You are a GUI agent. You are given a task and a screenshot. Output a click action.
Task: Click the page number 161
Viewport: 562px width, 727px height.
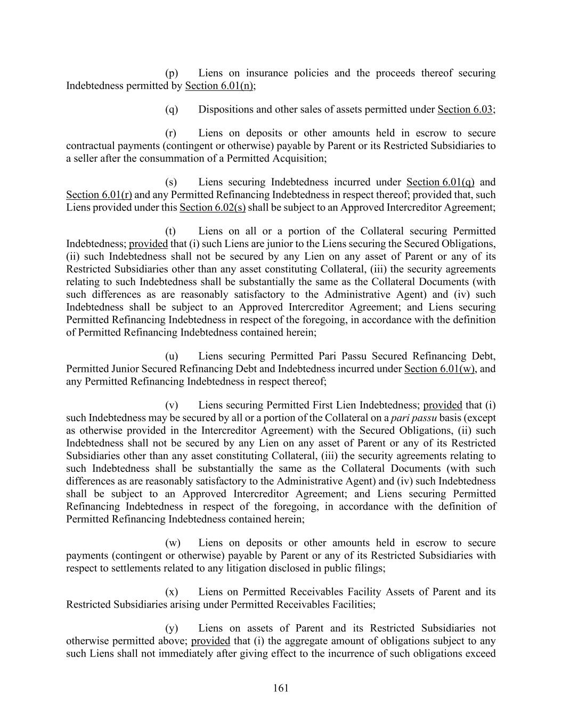281,688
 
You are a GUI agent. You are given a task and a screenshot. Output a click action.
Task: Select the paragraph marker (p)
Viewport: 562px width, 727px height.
172,73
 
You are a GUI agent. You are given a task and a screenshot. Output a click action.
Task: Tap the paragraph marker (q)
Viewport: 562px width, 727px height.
172,110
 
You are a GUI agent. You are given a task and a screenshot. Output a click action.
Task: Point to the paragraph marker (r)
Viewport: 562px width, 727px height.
171,133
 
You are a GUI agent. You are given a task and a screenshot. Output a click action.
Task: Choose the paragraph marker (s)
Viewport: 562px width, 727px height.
171,182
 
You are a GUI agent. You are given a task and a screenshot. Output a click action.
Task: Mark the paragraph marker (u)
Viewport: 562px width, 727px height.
172,356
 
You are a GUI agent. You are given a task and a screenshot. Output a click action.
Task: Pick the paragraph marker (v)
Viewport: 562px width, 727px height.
172,405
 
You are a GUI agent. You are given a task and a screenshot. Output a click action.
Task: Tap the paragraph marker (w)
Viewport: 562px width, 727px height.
173,543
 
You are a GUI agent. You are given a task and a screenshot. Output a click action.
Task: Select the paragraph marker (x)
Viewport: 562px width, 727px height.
172,592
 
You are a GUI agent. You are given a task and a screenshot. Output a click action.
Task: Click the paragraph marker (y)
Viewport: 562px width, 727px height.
172,628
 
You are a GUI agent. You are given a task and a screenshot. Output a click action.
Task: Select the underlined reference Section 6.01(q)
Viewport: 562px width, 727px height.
440,182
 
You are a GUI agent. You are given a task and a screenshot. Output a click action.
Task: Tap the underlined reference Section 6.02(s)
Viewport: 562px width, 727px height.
213,207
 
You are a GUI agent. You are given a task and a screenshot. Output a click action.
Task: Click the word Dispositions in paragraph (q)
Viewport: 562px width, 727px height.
225,110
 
